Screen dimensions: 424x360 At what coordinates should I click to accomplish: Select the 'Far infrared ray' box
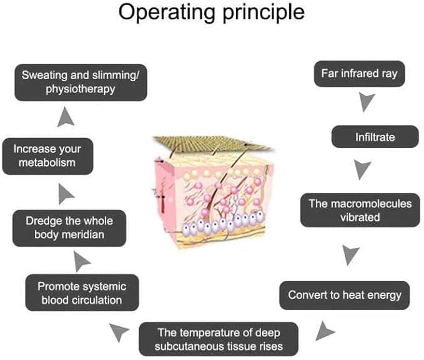point(360,74)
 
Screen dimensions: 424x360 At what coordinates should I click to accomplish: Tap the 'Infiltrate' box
point(375,137)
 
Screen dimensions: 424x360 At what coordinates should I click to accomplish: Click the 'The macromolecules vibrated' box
point(360,210)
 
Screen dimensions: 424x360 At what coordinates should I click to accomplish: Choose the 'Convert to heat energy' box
point(345,295)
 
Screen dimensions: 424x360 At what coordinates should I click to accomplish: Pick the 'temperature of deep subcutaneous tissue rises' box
point(219,339)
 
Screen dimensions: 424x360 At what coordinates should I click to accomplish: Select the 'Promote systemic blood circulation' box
point(82,293)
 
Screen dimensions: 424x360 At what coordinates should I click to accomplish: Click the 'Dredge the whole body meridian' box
point(69,228)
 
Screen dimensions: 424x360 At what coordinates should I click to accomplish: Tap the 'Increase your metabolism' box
point(47,156)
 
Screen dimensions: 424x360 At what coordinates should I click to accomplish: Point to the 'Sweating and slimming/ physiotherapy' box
point(81,82)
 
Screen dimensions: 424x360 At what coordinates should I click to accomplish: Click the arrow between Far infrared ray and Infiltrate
point(366,101)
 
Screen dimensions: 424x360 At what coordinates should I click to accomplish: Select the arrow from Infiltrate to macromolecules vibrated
point(362,168)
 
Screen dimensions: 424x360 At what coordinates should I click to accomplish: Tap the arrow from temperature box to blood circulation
point(120,331)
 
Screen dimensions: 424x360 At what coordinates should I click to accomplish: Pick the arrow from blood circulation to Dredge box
point(81,261)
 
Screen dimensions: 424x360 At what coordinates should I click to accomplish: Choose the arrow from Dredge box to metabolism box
point(65,194)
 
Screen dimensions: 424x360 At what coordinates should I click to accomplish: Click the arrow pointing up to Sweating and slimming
point(66,117)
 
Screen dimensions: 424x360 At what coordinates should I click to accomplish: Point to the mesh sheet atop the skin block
point(213,144)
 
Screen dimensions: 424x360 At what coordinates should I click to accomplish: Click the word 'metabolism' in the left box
point(47,163)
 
